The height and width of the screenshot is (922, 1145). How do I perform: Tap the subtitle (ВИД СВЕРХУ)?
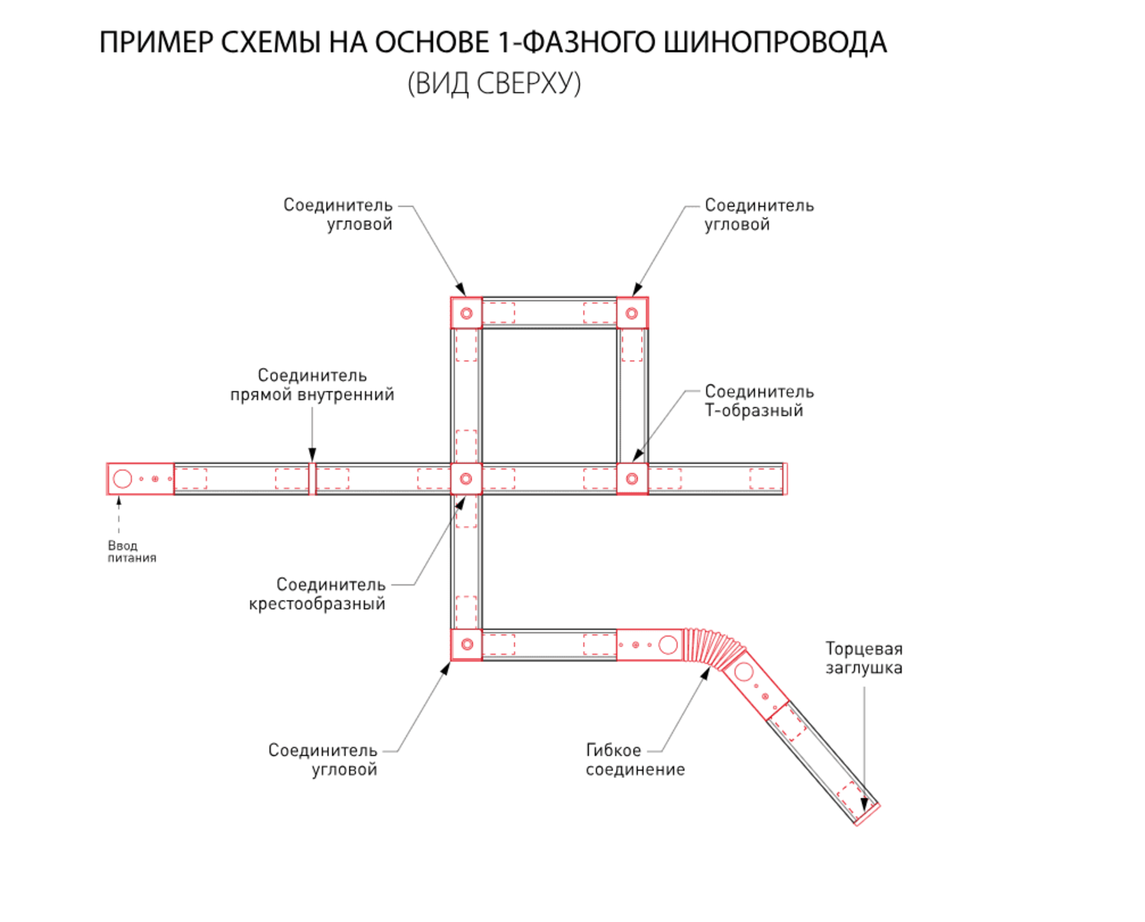point(494,82)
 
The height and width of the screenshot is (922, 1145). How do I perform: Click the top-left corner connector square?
point(466,313)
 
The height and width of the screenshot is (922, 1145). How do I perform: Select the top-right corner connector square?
point(632,313)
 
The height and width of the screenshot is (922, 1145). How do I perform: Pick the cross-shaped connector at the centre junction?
point(466,479)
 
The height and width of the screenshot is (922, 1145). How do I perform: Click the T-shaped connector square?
point(632,479)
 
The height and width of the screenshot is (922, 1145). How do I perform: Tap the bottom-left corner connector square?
point(466,644)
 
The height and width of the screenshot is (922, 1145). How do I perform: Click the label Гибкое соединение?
point(634,759)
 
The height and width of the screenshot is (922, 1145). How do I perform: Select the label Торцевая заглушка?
point(863,658)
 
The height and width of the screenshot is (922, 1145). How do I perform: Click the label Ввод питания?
point(131,551)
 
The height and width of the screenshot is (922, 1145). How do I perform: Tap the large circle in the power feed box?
point(122,479)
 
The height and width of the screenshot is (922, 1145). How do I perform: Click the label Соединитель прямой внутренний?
point(312,385)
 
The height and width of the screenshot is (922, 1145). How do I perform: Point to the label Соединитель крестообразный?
point(318,594)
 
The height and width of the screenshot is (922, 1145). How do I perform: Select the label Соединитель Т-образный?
point(758,401)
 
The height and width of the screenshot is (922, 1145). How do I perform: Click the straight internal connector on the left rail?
point(312,479)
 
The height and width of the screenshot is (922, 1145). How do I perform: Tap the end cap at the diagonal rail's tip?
point(867,814)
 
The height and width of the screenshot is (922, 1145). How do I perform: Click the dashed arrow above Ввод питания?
point(119,516)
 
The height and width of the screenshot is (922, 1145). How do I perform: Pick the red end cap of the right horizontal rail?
point(785,479)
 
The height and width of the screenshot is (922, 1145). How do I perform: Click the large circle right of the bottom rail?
point(668,645)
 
